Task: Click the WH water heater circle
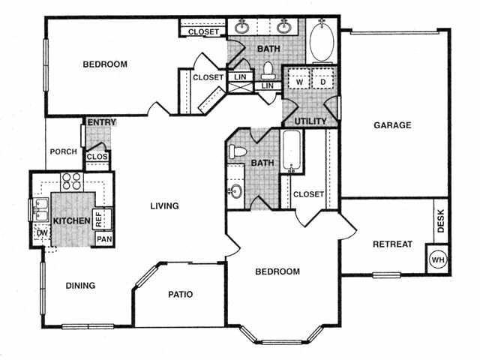(437, 259)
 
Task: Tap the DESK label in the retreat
(441, 219)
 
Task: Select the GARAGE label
(392, 125)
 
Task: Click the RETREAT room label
(393, 244)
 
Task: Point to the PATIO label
(178, 295)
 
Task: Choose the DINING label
(79, 285)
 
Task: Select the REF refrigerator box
(100, 217)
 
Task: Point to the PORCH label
(63, 151)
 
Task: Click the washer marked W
(298, 82)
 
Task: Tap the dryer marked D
(323, 82)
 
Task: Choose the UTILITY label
(307, 120)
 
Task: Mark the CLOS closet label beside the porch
(97, 157)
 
